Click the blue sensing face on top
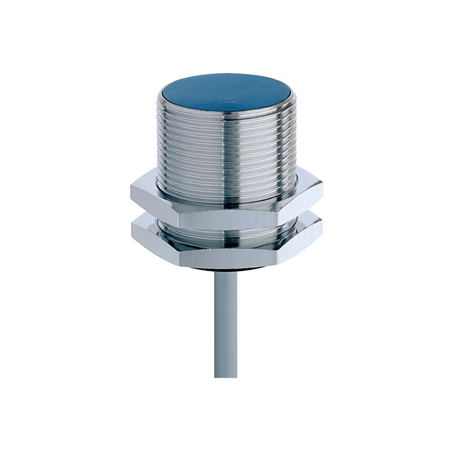(x=226, y=92)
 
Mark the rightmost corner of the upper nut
(x=322, y=192)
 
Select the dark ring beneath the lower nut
(x=226, y=271)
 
